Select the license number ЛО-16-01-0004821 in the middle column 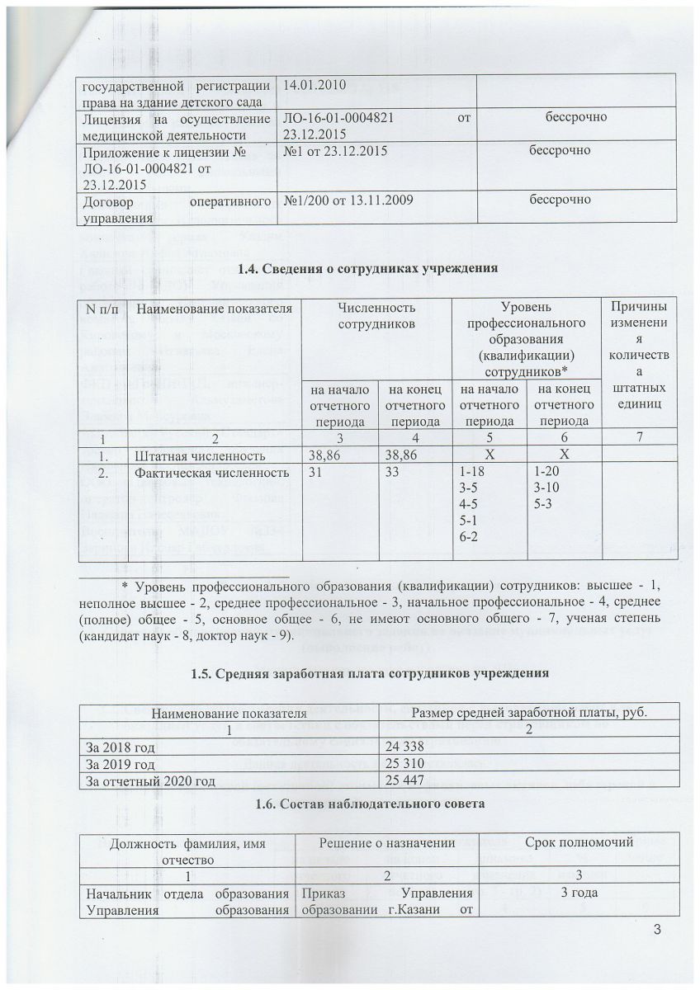[x=338, y=117]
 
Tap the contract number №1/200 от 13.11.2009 [x=344, y=200]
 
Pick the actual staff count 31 [x=314, y=472]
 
